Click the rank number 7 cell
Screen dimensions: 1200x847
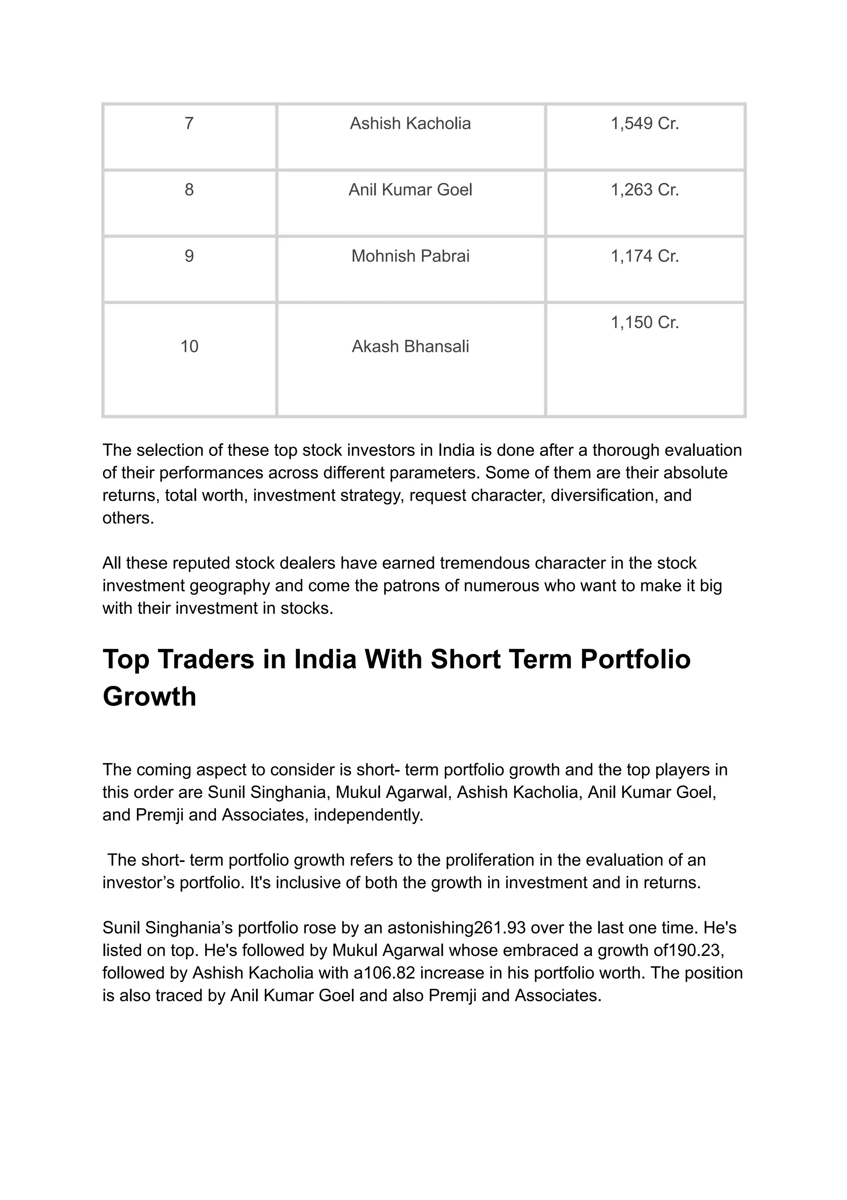coord(189,124)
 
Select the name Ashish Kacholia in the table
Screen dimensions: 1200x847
coord(410,124)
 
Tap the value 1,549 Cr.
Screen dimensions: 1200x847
coord(645,124)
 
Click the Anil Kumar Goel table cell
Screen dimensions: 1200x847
coord(410,190)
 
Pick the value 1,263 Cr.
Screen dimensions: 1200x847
coord(645,190)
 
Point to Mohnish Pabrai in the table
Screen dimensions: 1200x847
coord(410,256)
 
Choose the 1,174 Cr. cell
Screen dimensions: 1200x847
coord(645,256)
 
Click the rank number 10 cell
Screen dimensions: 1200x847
coord(189,347)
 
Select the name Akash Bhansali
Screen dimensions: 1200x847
coord(410,347)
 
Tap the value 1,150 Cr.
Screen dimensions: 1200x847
coord(645,323)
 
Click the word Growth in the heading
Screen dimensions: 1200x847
coord(149,697)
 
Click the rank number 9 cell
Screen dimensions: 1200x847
coord(189,256)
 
